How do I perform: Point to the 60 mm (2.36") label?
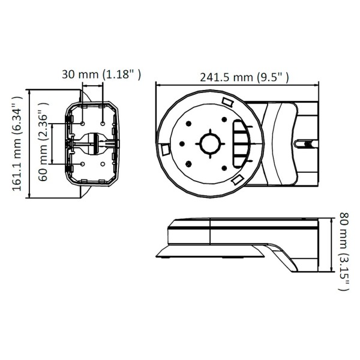click(43, 144)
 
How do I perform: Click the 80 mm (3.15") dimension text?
click(343, 251)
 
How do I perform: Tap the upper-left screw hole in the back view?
click(82, 122)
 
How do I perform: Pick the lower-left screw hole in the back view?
click(82, 163)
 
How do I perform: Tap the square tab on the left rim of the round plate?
click(163, 149)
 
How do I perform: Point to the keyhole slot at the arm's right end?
click(304, 144)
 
